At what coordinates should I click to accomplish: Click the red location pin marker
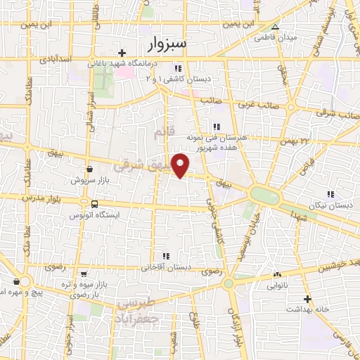coord(181,165)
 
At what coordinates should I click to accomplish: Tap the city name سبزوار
coord(169,44)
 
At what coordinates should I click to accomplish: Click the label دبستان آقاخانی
coord(166,267)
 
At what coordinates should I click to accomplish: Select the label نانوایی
coord(277,286)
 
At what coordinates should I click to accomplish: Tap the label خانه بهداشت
coord(307,309)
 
